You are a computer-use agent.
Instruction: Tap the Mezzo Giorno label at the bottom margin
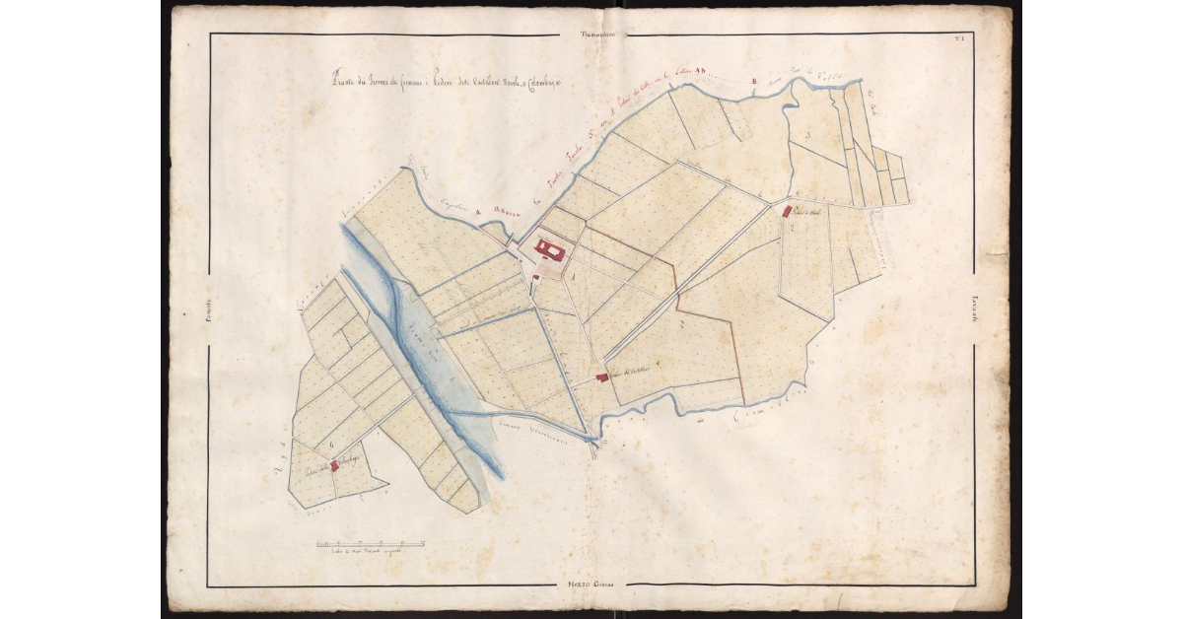click(591, 586)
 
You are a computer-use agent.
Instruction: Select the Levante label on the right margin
click(974, 309)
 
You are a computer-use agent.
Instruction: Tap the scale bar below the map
click(370, 543)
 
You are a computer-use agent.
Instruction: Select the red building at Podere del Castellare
click(602, 377)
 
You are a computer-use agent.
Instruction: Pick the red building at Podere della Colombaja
click(334, 465)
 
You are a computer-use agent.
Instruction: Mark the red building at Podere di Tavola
click(787, 211)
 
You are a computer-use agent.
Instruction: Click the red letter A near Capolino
click(476, 210)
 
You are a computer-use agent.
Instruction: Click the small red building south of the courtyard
click(535, 277)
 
